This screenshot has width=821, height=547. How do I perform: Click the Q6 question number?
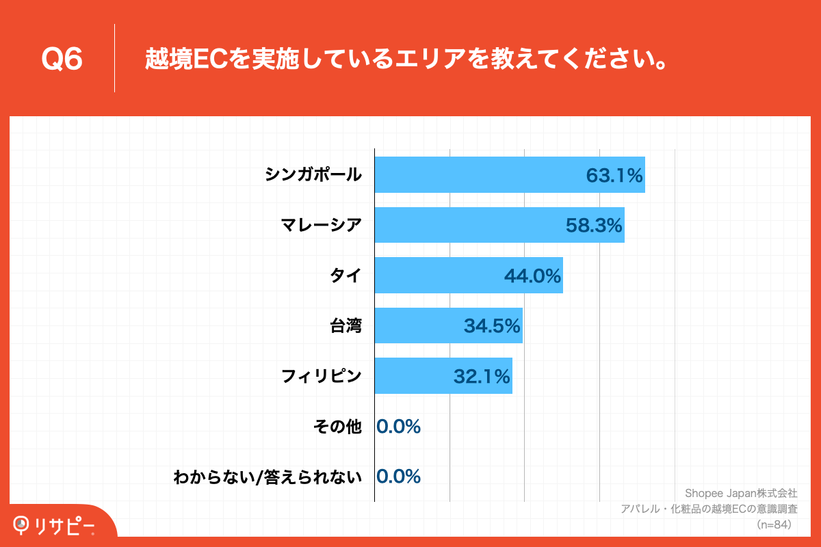coord(62,59)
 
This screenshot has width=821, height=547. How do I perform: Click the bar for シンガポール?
coord(479,175)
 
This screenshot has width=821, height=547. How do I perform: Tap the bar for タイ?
coord(438,276)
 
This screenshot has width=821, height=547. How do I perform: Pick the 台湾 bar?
coord(417,325)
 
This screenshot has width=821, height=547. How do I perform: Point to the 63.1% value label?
coord(614,176)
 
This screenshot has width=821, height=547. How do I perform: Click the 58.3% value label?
coord(593,226)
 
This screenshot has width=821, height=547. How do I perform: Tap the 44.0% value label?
coord(532,276)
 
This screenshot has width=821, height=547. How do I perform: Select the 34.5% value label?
coord(492,326)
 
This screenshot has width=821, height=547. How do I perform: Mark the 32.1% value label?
coord(482,376)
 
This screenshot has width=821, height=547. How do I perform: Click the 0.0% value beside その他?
coord(398,427)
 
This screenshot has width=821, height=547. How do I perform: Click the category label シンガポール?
coord(313,175)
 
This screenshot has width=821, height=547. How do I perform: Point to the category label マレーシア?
coord(321,225)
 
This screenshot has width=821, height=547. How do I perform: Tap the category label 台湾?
coord(346,325)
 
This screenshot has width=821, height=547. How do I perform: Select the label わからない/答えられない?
coord(268,477)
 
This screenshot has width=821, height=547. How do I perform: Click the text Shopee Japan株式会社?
coord(741,493)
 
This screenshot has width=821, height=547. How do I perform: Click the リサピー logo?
coord(55,525)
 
